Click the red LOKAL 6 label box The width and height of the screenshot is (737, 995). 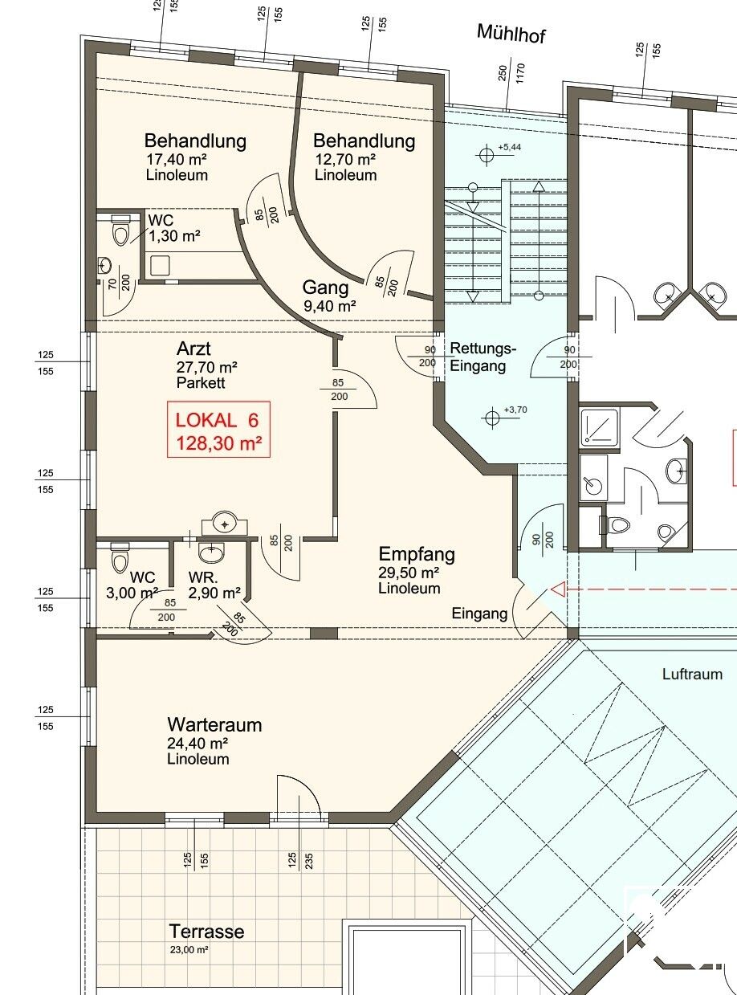pos(218,430)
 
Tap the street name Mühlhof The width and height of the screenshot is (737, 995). pos(511,34)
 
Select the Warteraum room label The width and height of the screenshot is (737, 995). pos(214,724)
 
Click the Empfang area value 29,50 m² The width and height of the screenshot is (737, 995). pos(408,573)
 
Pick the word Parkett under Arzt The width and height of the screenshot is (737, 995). pos(201,382)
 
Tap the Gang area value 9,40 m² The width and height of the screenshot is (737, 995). pos(330,306)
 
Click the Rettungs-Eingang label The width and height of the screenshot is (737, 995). pos(483,357)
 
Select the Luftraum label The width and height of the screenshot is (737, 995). pos(692,674)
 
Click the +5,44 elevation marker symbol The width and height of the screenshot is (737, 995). pos(487,155)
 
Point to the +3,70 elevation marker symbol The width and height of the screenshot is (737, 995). pos(492,418)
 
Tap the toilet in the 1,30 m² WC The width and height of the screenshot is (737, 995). pos(120,230)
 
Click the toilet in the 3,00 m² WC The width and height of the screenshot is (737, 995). pos(120,558)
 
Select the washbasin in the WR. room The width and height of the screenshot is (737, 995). pos(211,553)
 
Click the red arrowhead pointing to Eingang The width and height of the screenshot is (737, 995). pos(558,589)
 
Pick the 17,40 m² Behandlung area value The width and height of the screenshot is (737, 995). pos(177,159)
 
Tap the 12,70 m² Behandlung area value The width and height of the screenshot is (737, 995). pos(345,159)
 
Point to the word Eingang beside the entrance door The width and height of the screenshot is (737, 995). pos(479,614)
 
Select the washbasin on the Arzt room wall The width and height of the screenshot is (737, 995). pos(225,523)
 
